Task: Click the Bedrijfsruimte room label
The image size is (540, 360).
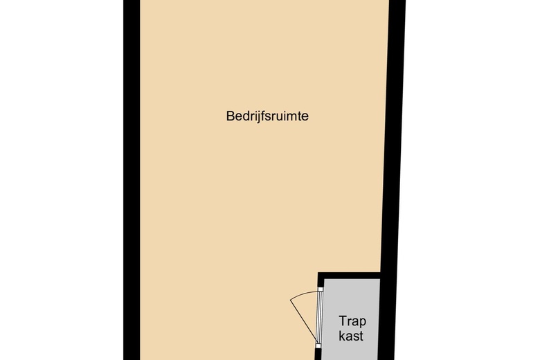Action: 267,116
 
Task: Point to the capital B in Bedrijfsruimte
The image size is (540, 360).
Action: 231,116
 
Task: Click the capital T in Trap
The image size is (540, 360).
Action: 342,321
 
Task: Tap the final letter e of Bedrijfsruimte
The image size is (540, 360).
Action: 305,117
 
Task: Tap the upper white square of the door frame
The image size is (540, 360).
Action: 320,290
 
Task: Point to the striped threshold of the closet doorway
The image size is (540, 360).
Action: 319,316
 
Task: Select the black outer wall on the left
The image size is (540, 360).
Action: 132,173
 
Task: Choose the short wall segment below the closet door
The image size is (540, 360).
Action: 319,352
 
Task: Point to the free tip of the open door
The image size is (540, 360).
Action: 290,300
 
